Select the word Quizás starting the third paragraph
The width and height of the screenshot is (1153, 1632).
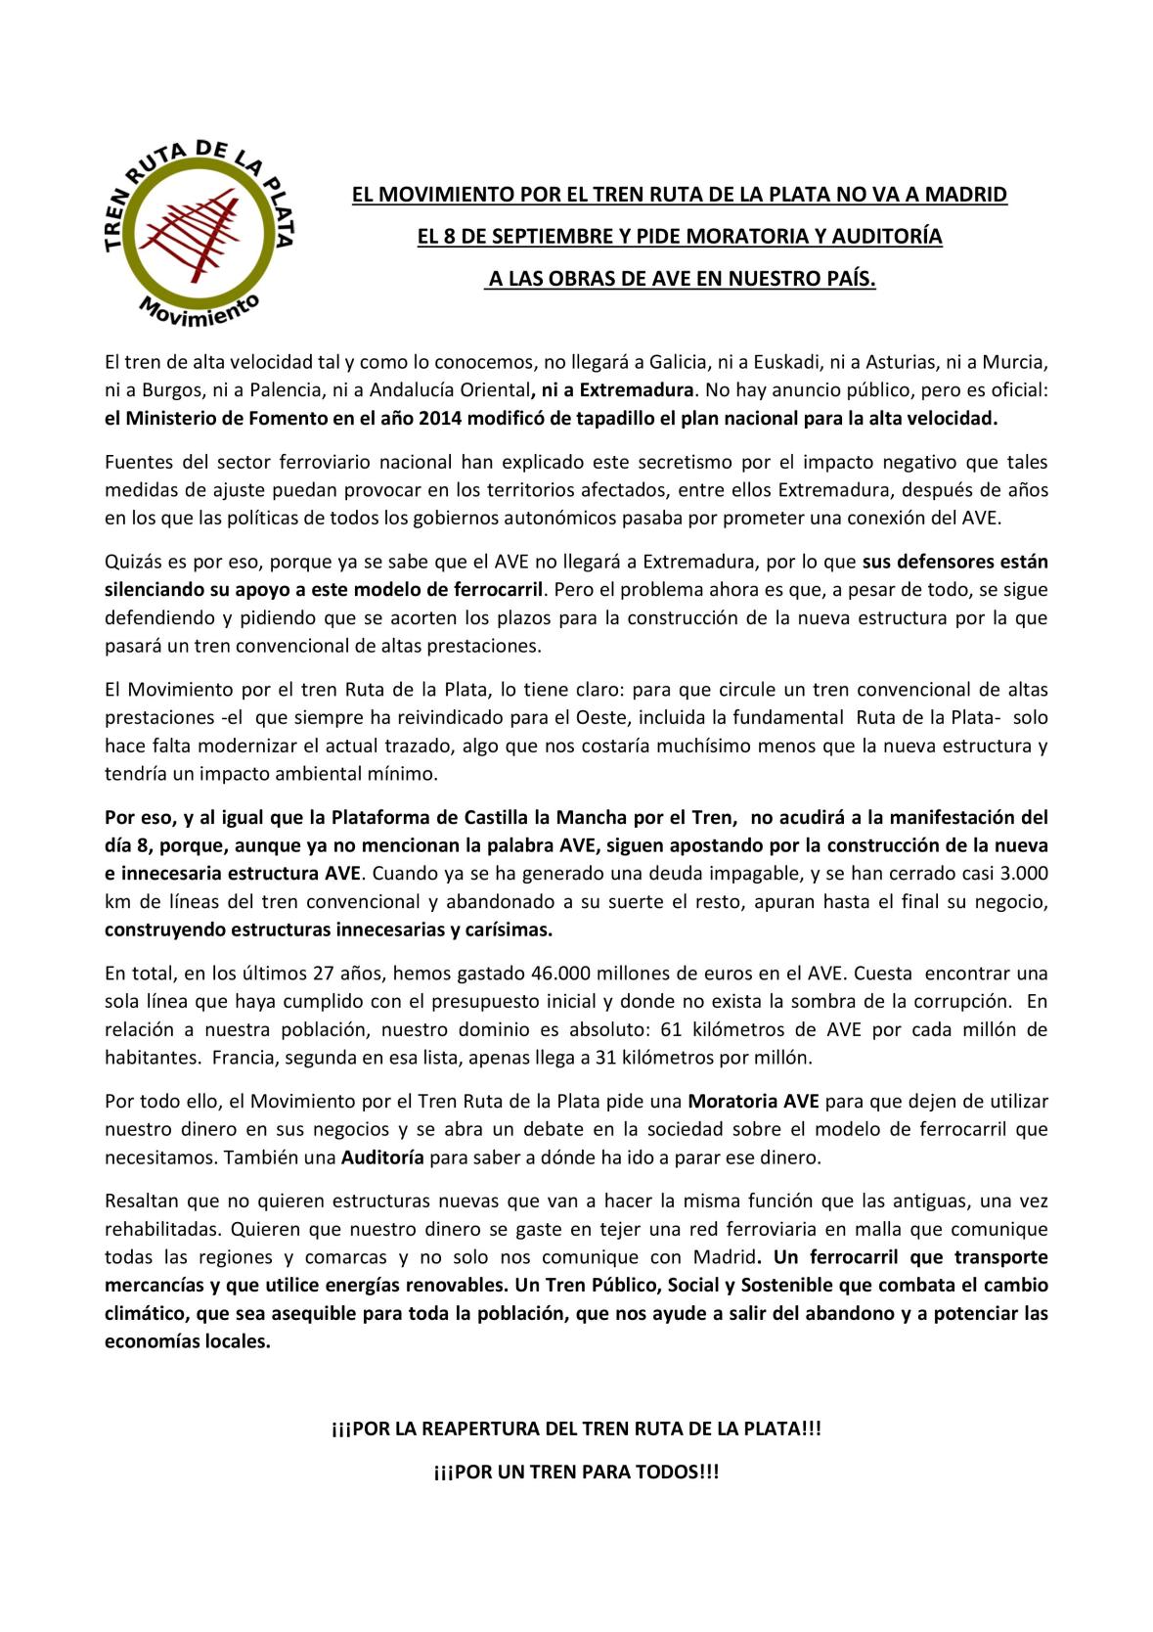(x=131, y=562)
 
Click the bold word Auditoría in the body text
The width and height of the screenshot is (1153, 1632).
(x=381, y=1157)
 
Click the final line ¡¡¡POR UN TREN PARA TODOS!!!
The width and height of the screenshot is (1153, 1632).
(x=576, y=1472)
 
